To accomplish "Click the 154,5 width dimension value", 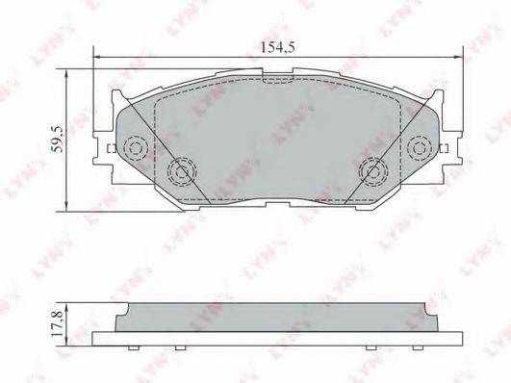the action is (x=278, y=47).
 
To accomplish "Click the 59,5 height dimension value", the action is (x=58, y=140).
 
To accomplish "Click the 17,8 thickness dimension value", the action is (x=57, y=324).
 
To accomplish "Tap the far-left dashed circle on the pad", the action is (x=137, y=148).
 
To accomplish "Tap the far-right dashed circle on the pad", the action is (x=420, y=148).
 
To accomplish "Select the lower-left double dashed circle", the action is (x=182, y=172).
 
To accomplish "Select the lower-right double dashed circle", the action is (x=373, y=171).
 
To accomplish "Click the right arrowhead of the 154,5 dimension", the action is (x=458, y=58).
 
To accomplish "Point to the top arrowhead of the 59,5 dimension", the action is (x=66, y=73).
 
